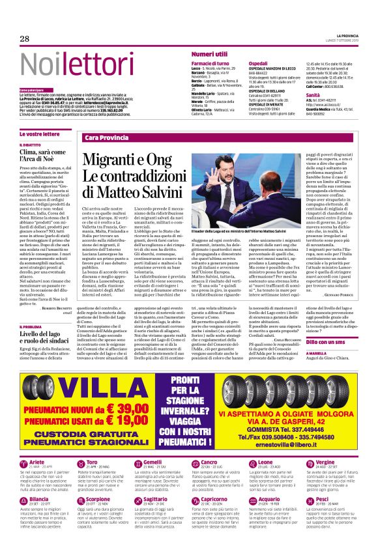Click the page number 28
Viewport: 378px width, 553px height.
pos(25,38)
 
